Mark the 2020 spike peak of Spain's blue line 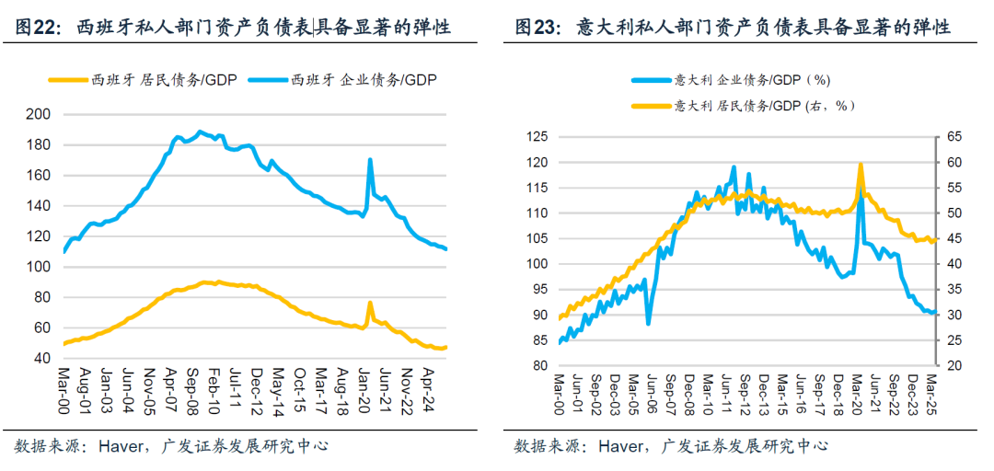(x=370, y=160)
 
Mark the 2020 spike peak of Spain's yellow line (x=370, y=303)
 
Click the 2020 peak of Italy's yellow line (x=860, y=165)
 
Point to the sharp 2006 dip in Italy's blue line (x=649, y=323)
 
